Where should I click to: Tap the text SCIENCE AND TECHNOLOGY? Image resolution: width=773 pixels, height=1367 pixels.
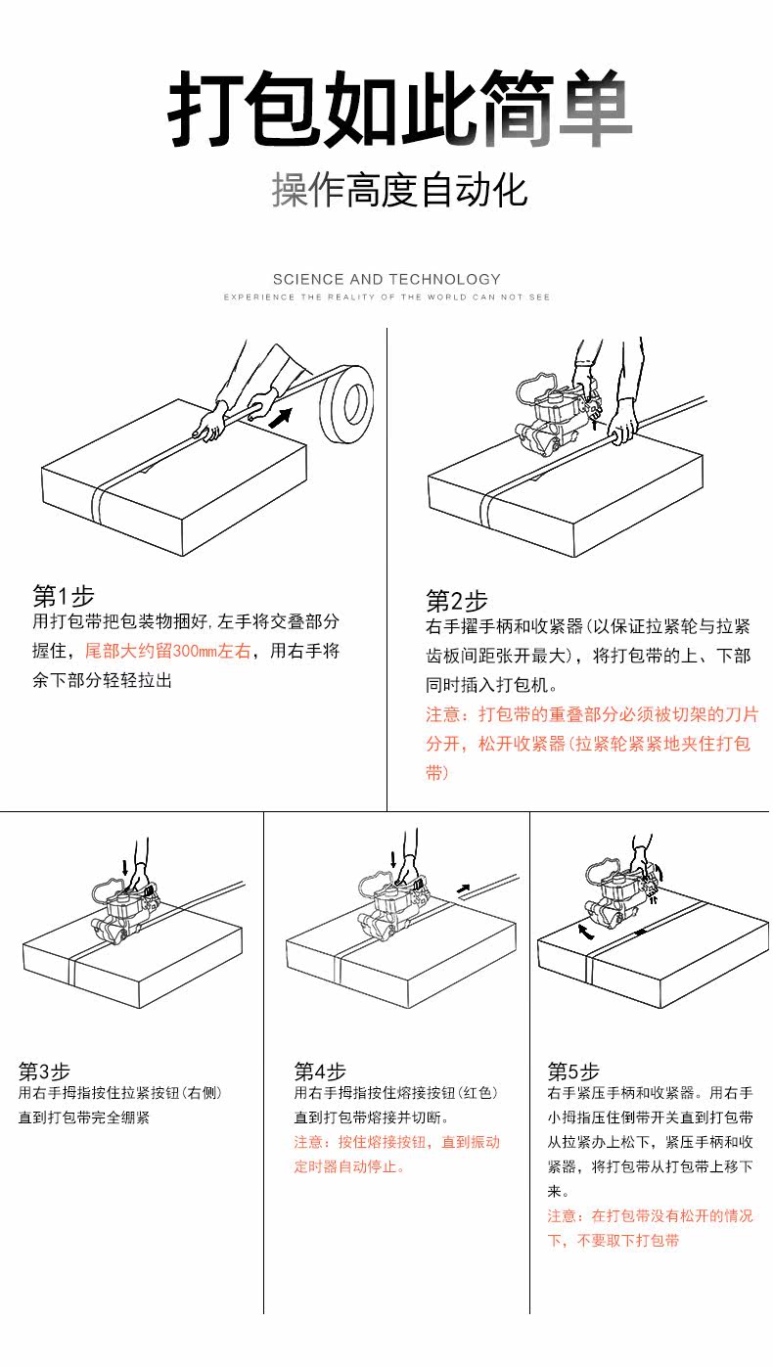click(386, 279)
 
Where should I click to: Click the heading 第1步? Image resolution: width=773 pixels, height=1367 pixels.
click(64, 595)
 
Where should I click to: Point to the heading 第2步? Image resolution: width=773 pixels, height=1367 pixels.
click(456, 600)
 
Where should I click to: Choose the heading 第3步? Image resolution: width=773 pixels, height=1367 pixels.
click(45, 1071)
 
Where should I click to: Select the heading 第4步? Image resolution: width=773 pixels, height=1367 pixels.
click(320, 1071)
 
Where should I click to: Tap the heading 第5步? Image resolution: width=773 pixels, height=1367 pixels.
click(573, 1071)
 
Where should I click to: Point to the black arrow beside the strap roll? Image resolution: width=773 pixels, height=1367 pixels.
click(281, 419)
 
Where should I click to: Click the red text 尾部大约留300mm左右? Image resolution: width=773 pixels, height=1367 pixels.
click(168, 651)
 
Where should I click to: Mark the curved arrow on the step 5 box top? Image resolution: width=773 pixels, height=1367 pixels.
click(584, 932)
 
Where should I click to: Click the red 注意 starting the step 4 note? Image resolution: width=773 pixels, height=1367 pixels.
click(309, 1142)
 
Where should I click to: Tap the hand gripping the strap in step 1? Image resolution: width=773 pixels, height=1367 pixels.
click(210, 425)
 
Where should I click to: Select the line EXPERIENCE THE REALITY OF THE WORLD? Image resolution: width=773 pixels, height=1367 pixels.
click(386, 296)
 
